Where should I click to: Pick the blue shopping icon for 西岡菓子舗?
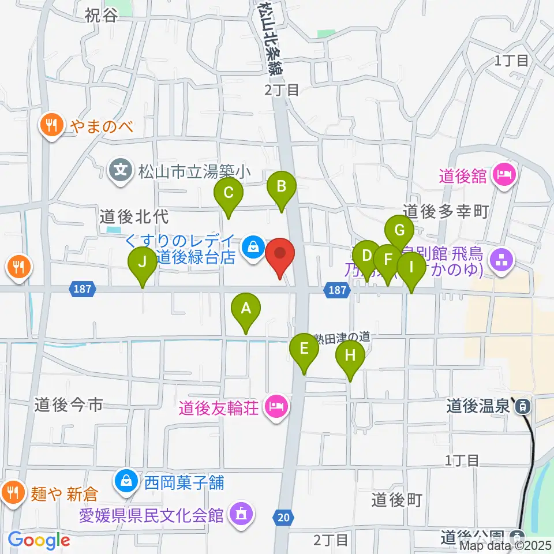tap(125, 481)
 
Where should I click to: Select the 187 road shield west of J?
tap(83, 289)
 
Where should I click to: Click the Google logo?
tap(39, 541)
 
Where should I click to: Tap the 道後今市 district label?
tap(68, 405)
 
